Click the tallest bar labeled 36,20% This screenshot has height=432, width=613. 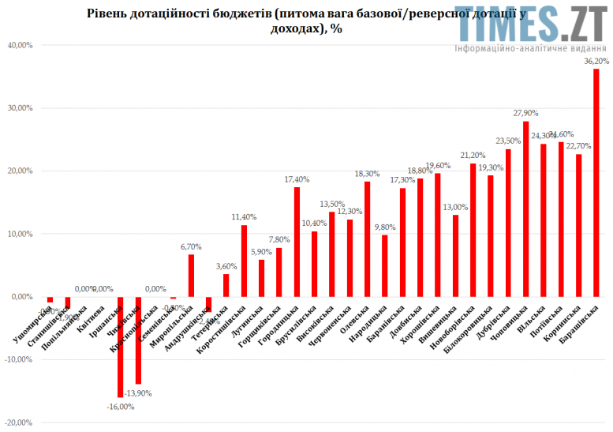(x=596, y=182)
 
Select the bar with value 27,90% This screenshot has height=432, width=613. (x=526, y=209)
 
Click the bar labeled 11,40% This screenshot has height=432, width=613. (x=244, y=261)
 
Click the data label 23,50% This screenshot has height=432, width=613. (x=508, y=141)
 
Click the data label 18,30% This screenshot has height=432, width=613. (x=368, y=173)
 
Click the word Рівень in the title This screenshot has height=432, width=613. (x=108, y=13)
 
